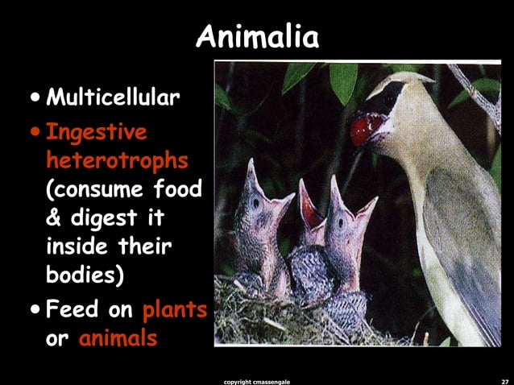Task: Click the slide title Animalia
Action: tap(257, 36)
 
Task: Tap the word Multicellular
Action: tap(112, 99)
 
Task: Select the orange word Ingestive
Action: tap(97, 130)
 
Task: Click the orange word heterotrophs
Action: tap(117, 161)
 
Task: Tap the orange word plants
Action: tap(175, 309)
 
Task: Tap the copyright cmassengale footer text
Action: tap(256, 377)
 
